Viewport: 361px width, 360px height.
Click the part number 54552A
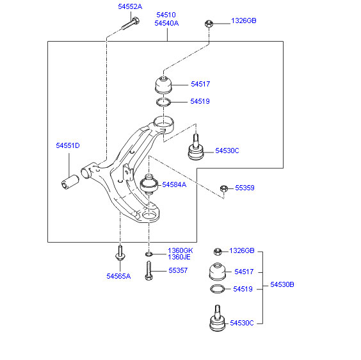point(130,6)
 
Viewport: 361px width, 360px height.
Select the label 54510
point(166,15)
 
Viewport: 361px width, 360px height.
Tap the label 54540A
point(166,23)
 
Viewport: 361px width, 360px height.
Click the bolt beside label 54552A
point(131,24)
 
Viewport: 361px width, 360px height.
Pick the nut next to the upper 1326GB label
point(209,24)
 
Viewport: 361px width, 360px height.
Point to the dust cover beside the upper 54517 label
point(163,85)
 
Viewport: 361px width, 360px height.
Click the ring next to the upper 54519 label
point(163,102)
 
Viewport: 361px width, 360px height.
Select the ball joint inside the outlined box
point(196,147)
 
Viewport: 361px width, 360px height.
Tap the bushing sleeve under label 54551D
point(70,182)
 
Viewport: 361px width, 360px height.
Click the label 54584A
point(174,184)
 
